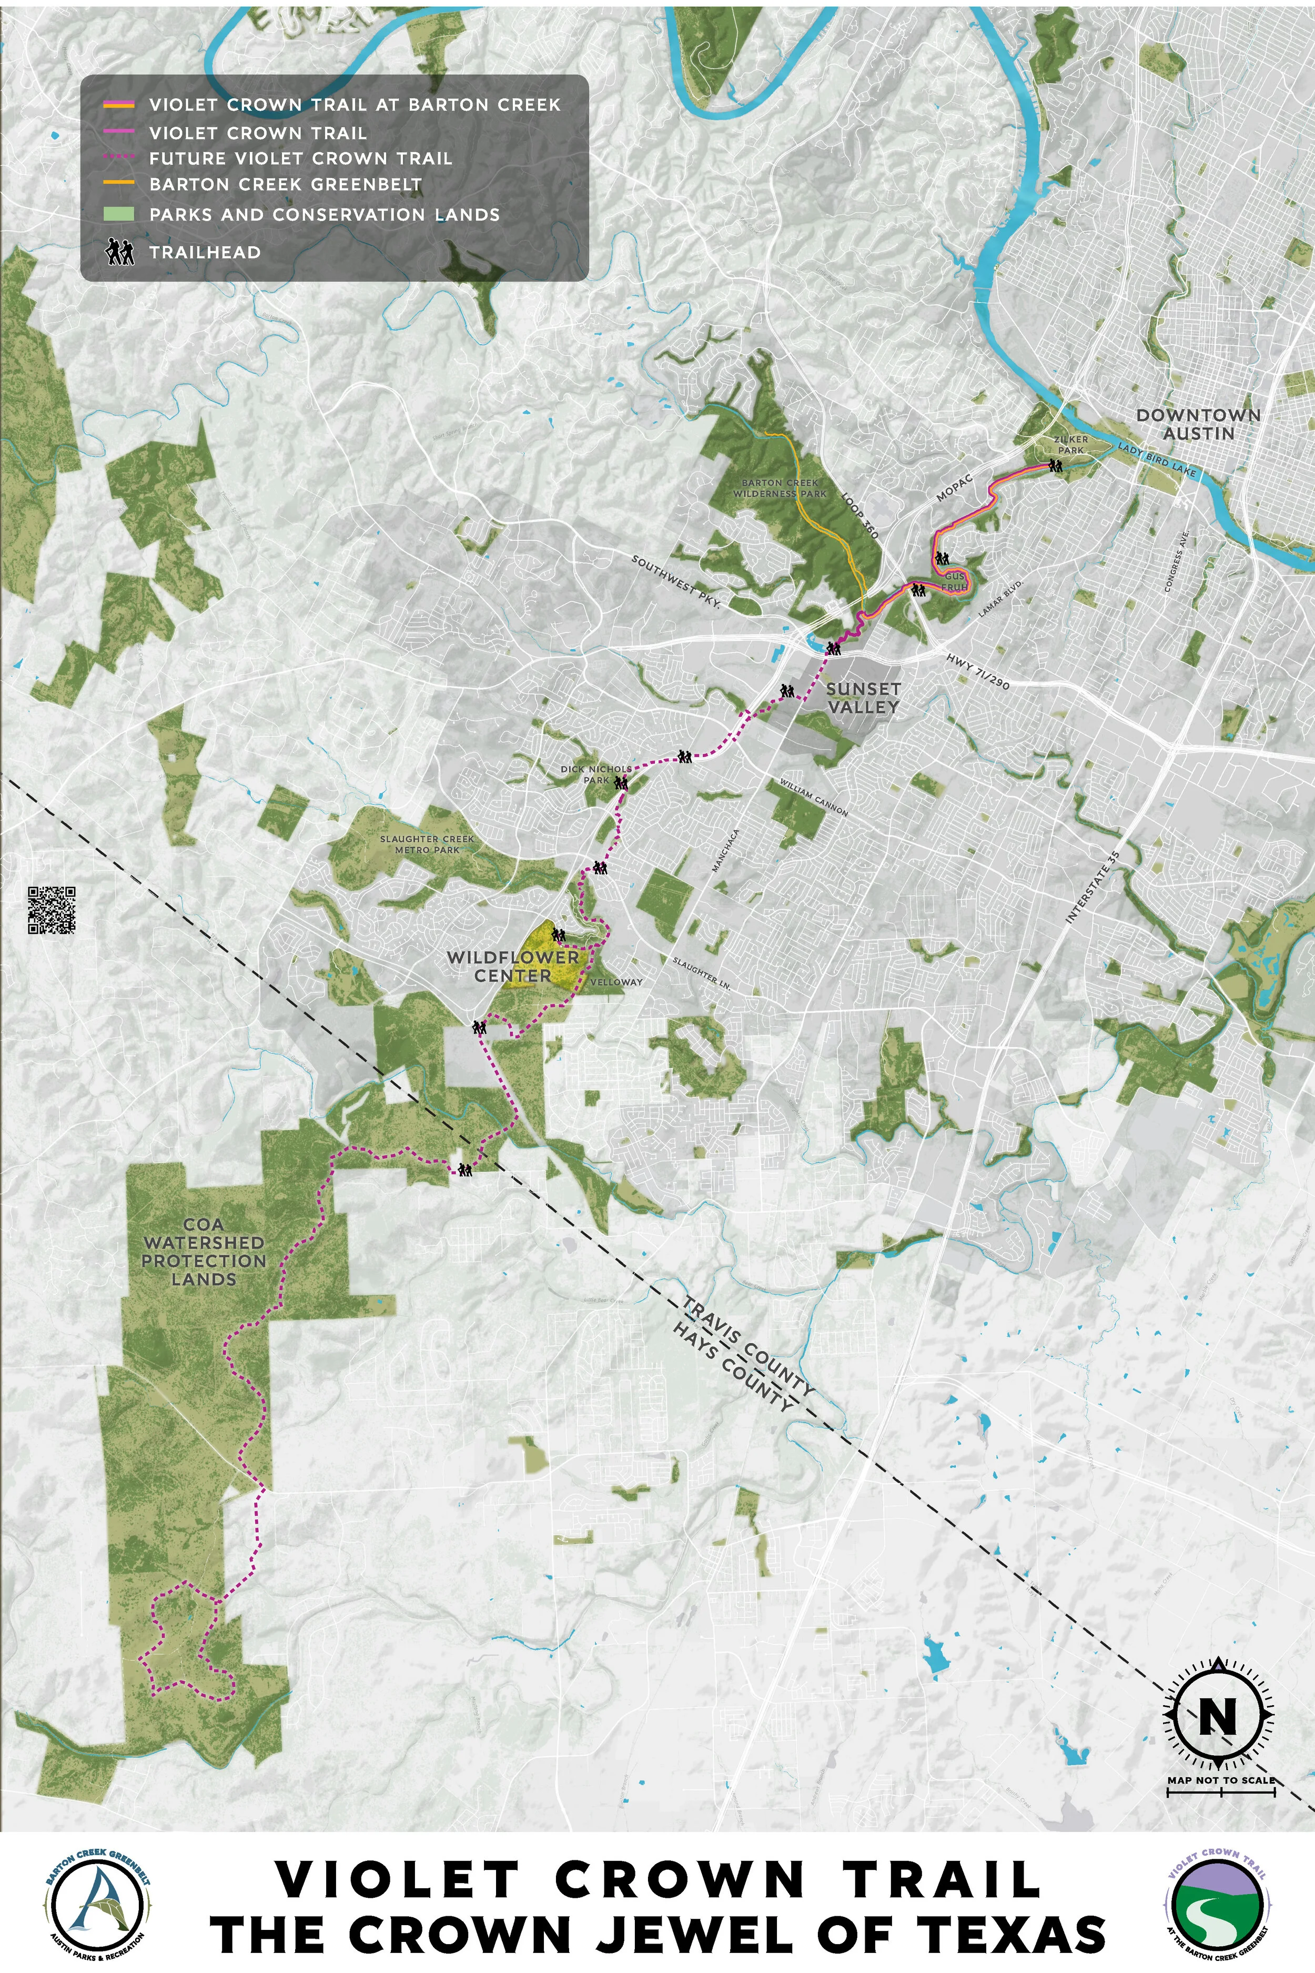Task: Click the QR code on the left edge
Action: pos(52,909)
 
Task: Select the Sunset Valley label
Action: pos(863,697)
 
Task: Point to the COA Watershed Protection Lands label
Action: pos(203,1252)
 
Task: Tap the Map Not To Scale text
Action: pos(1220,1773)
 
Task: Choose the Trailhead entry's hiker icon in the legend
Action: pos(120,251)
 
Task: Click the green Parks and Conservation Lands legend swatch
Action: pos(119,214)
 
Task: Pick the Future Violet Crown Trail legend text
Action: pos(300,158)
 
